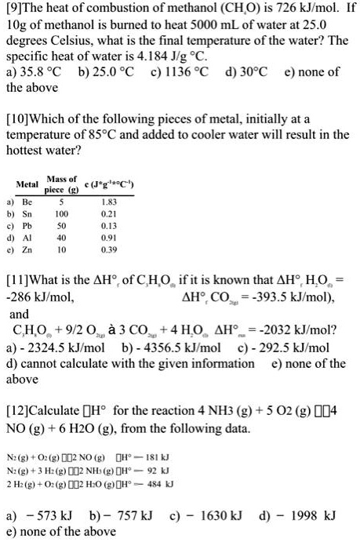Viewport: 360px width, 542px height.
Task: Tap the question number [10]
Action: pyautogui.click(x=20, y=118)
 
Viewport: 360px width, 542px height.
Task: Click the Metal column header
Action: pyautogui.click(x=27, y=184)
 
